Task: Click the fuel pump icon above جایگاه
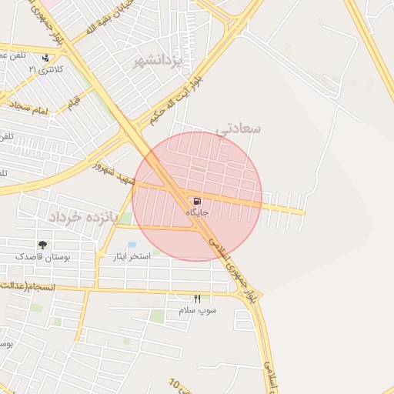point(188,202)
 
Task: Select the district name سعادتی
point(239,128)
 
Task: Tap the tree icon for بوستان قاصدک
point(42,245)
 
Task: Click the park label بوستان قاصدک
point(42,257)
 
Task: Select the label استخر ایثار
point(132,256)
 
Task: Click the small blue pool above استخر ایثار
point(132,245)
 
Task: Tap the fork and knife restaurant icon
point(197,299)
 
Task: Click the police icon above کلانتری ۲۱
point(46,58)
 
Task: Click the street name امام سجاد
point(32,111)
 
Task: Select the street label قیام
point(75,102)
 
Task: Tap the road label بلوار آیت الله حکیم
point(177,99)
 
